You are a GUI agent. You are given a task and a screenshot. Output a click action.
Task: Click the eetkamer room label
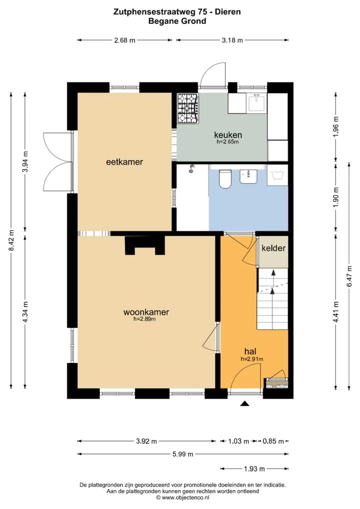[124, 161]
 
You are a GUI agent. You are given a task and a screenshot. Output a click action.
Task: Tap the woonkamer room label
[146, 312]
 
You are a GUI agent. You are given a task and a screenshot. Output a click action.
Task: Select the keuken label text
[228, 134]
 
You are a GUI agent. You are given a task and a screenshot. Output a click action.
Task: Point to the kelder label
[273, 248]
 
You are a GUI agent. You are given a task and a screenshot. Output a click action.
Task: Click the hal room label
[250, 351]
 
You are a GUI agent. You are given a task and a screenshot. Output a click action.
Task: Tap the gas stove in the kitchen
[187, 108]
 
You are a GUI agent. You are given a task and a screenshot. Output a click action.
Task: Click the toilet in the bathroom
[224, 179]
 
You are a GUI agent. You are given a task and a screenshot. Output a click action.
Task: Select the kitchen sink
[256, 102]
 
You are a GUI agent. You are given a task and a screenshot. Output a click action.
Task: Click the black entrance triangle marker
[244, 403]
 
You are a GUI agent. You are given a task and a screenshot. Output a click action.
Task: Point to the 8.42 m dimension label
[11, 240]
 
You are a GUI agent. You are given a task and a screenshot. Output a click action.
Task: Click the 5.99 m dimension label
[183, 454]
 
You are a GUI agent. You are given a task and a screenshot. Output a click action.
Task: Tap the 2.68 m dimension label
[124, 40]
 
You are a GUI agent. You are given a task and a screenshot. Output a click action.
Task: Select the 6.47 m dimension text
[349, 276]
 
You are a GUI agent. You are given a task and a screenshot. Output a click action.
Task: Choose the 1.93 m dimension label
[254, 468]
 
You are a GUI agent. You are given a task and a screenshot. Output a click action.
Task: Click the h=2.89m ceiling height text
[144, 319]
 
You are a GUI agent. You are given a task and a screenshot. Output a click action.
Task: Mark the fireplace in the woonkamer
[145, 245]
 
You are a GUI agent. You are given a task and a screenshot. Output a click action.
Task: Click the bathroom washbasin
[248, 176]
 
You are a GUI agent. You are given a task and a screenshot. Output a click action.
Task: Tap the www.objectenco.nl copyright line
[183, 497]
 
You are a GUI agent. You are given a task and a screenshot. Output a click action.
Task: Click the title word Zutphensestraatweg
[154, 12]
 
